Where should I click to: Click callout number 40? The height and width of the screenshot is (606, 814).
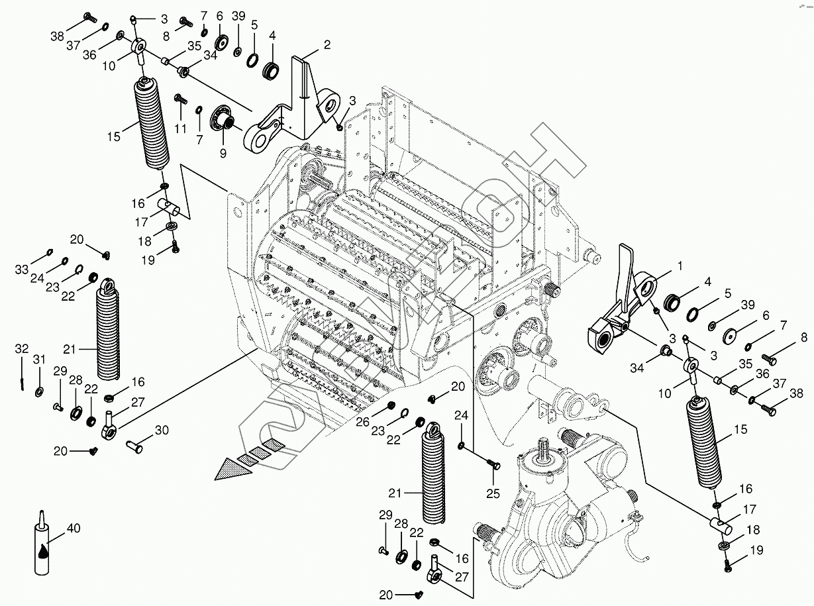pyautogui.click(x=74, y=529)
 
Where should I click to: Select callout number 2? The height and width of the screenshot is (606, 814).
pyautogui.click(x=327, y=45)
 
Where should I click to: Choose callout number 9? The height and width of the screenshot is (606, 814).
pyautogui.click(x=222, y=153)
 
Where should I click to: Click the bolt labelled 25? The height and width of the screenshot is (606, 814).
pyautogui.click(x=492, y=465)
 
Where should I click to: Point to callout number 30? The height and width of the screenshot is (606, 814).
pyautogui.click(x=162, y=430)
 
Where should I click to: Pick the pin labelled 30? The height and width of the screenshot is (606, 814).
pyautogui.click(x=135, y=447)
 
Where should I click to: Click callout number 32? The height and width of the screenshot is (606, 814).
pyautogui.click(x=22, y=349)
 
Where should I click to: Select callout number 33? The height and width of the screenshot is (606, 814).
pyautogui.click(x=22, y=269)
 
